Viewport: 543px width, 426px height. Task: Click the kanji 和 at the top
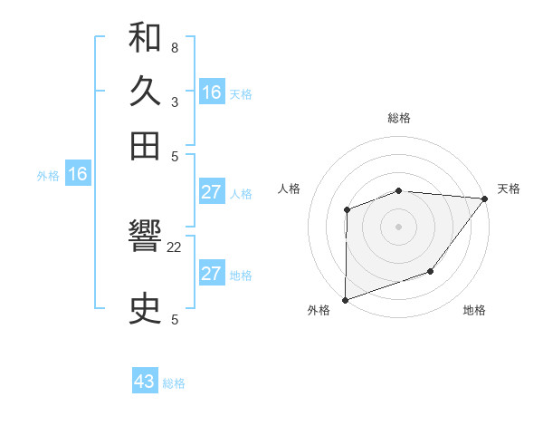tap(145, 38)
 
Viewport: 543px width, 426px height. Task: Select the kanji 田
tap(145, 145)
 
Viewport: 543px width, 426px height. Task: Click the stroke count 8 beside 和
tap(174, 47)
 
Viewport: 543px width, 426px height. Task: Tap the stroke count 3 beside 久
tap(174, 102)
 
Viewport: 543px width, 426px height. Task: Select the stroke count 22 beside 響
tap(175, 247)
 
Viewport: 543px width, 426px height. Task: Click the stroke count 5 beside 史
tap(174, 319)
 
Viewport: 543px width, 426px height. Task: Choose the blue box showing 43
tap(145, 382)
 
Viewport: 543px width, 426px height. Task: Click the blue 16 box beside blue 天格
tap(212, 92)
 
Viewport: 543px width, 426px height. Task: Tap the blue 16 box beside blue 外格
tap(78, 175)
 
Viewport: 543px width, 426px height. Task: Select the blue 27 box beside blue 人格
tap(212, 192)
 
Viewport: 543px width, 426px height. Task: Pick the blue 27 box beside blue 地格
tap(212, 274)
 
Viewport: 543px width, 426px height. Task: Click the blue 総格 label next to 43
tap(174, 383)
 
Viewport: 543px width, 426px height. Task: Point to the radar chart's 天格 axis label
tap(509, 189)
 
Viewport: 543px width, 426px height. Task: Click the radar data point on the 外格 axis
tap(346, 299)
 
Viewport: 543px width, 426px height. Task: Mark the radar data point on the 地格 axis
tap(431, 271)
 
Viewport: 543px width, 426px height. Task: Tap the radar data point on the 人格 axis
tap(347, 210)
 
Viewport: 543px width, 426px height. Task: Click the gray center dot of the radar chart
tap(398, 227)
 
